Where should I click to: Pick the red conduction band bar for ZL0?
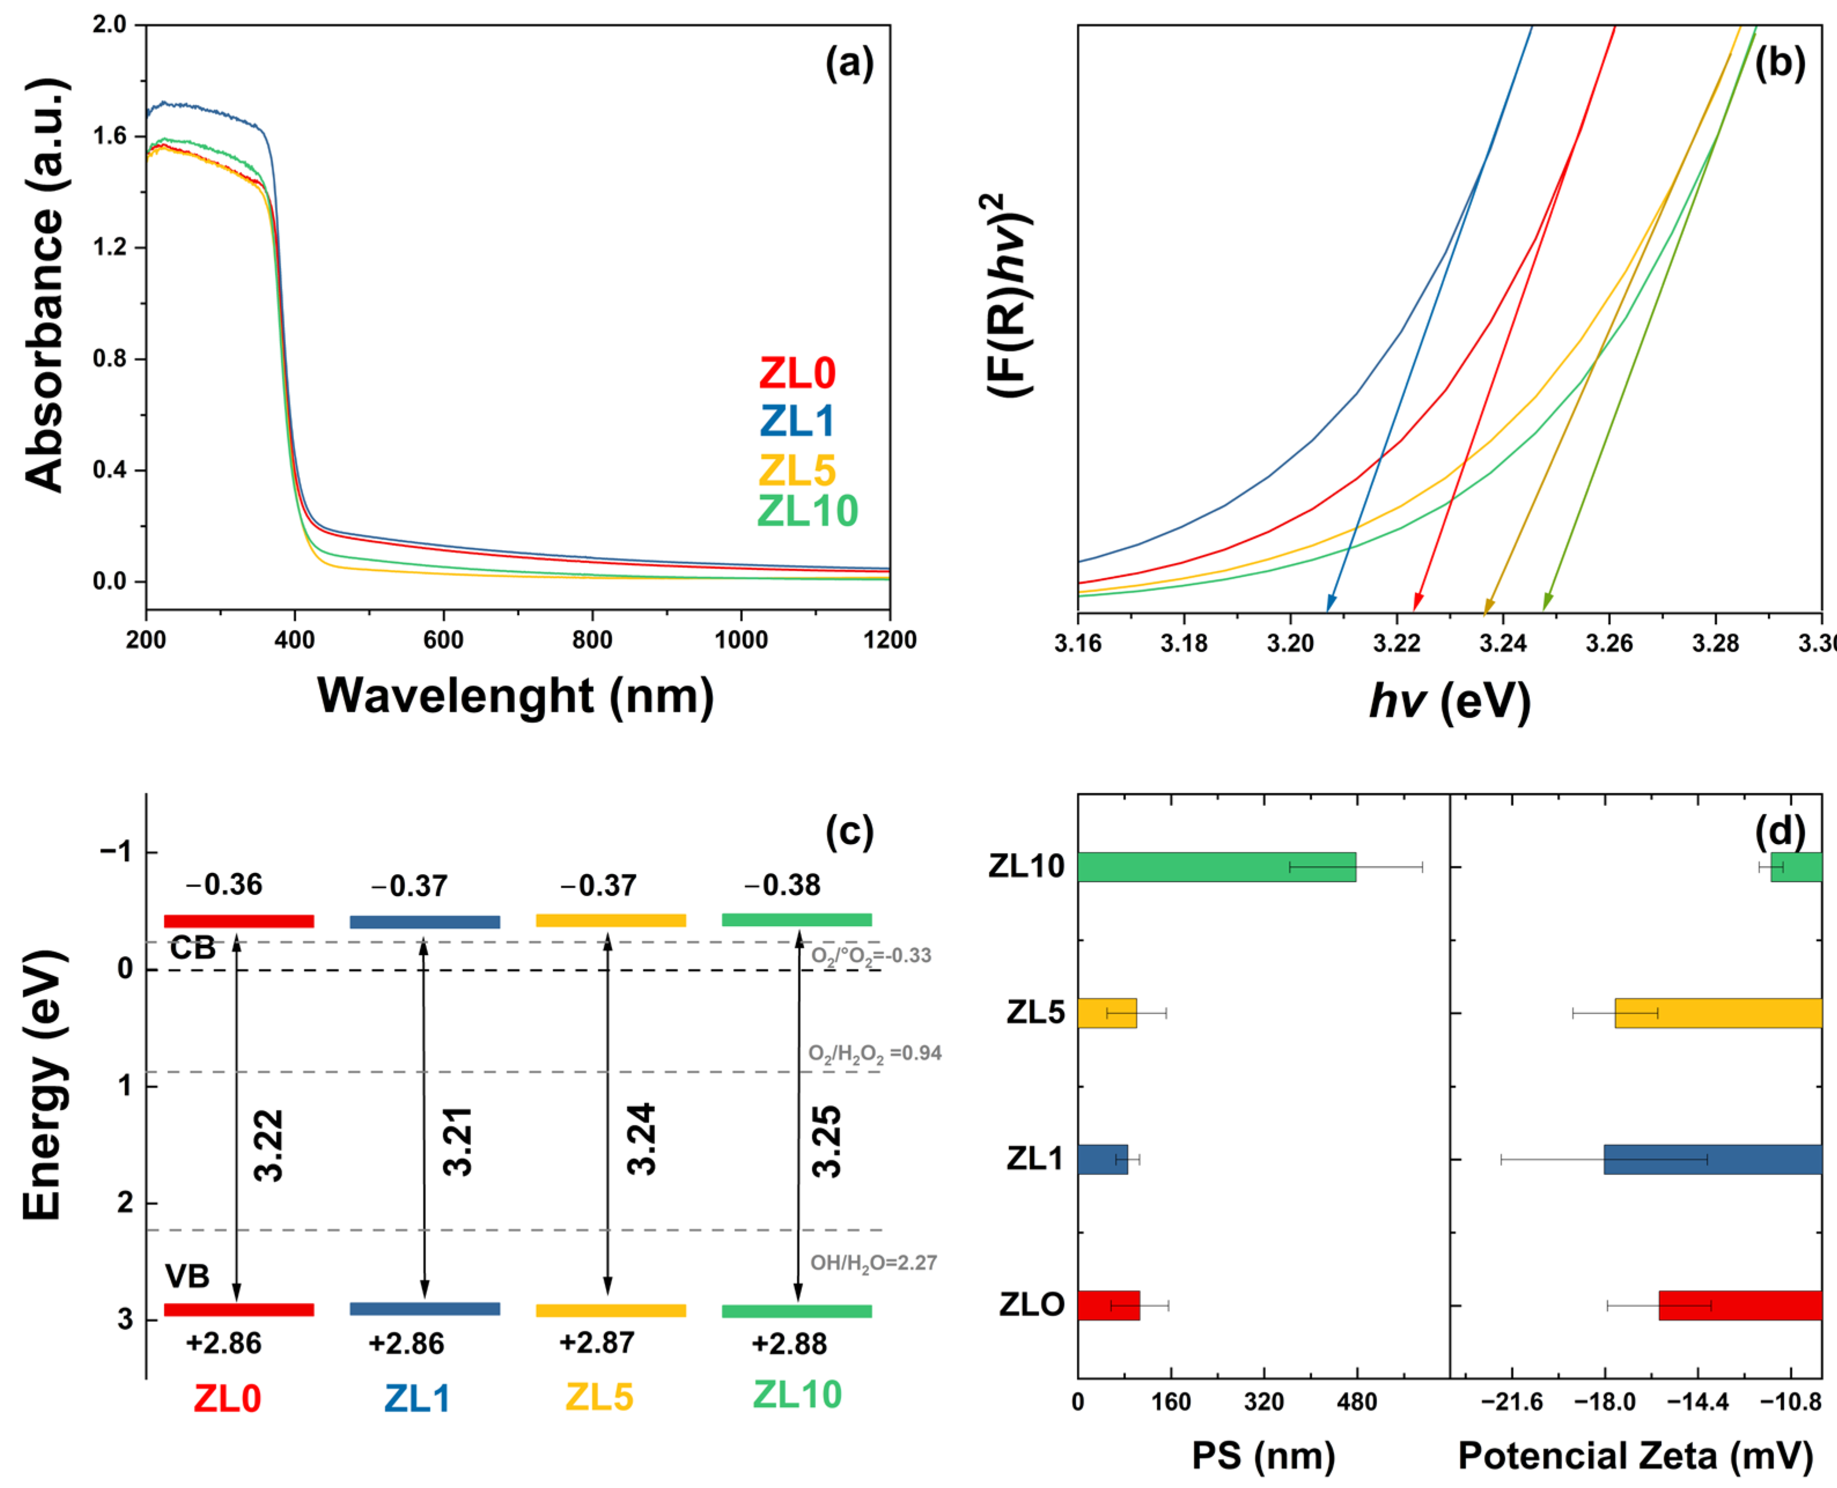click(x=238, y=922)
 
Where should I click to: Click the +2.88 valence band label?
click(x=789, y=1344)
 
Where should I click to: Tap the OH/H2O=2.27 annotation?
click(x=874, y=1262)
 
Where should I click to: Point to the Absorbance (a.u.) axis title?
click(x=45, y=285)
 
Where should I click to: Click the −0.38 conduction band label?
click(x=782, y=885)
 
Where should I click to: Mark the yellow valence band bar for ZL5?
click(x=610, y=1310)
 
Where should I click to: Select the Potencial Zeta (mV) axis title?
click(x=1636, y=1456)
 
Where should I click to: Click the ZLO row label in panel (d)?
click(x=1031, y=1305)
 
